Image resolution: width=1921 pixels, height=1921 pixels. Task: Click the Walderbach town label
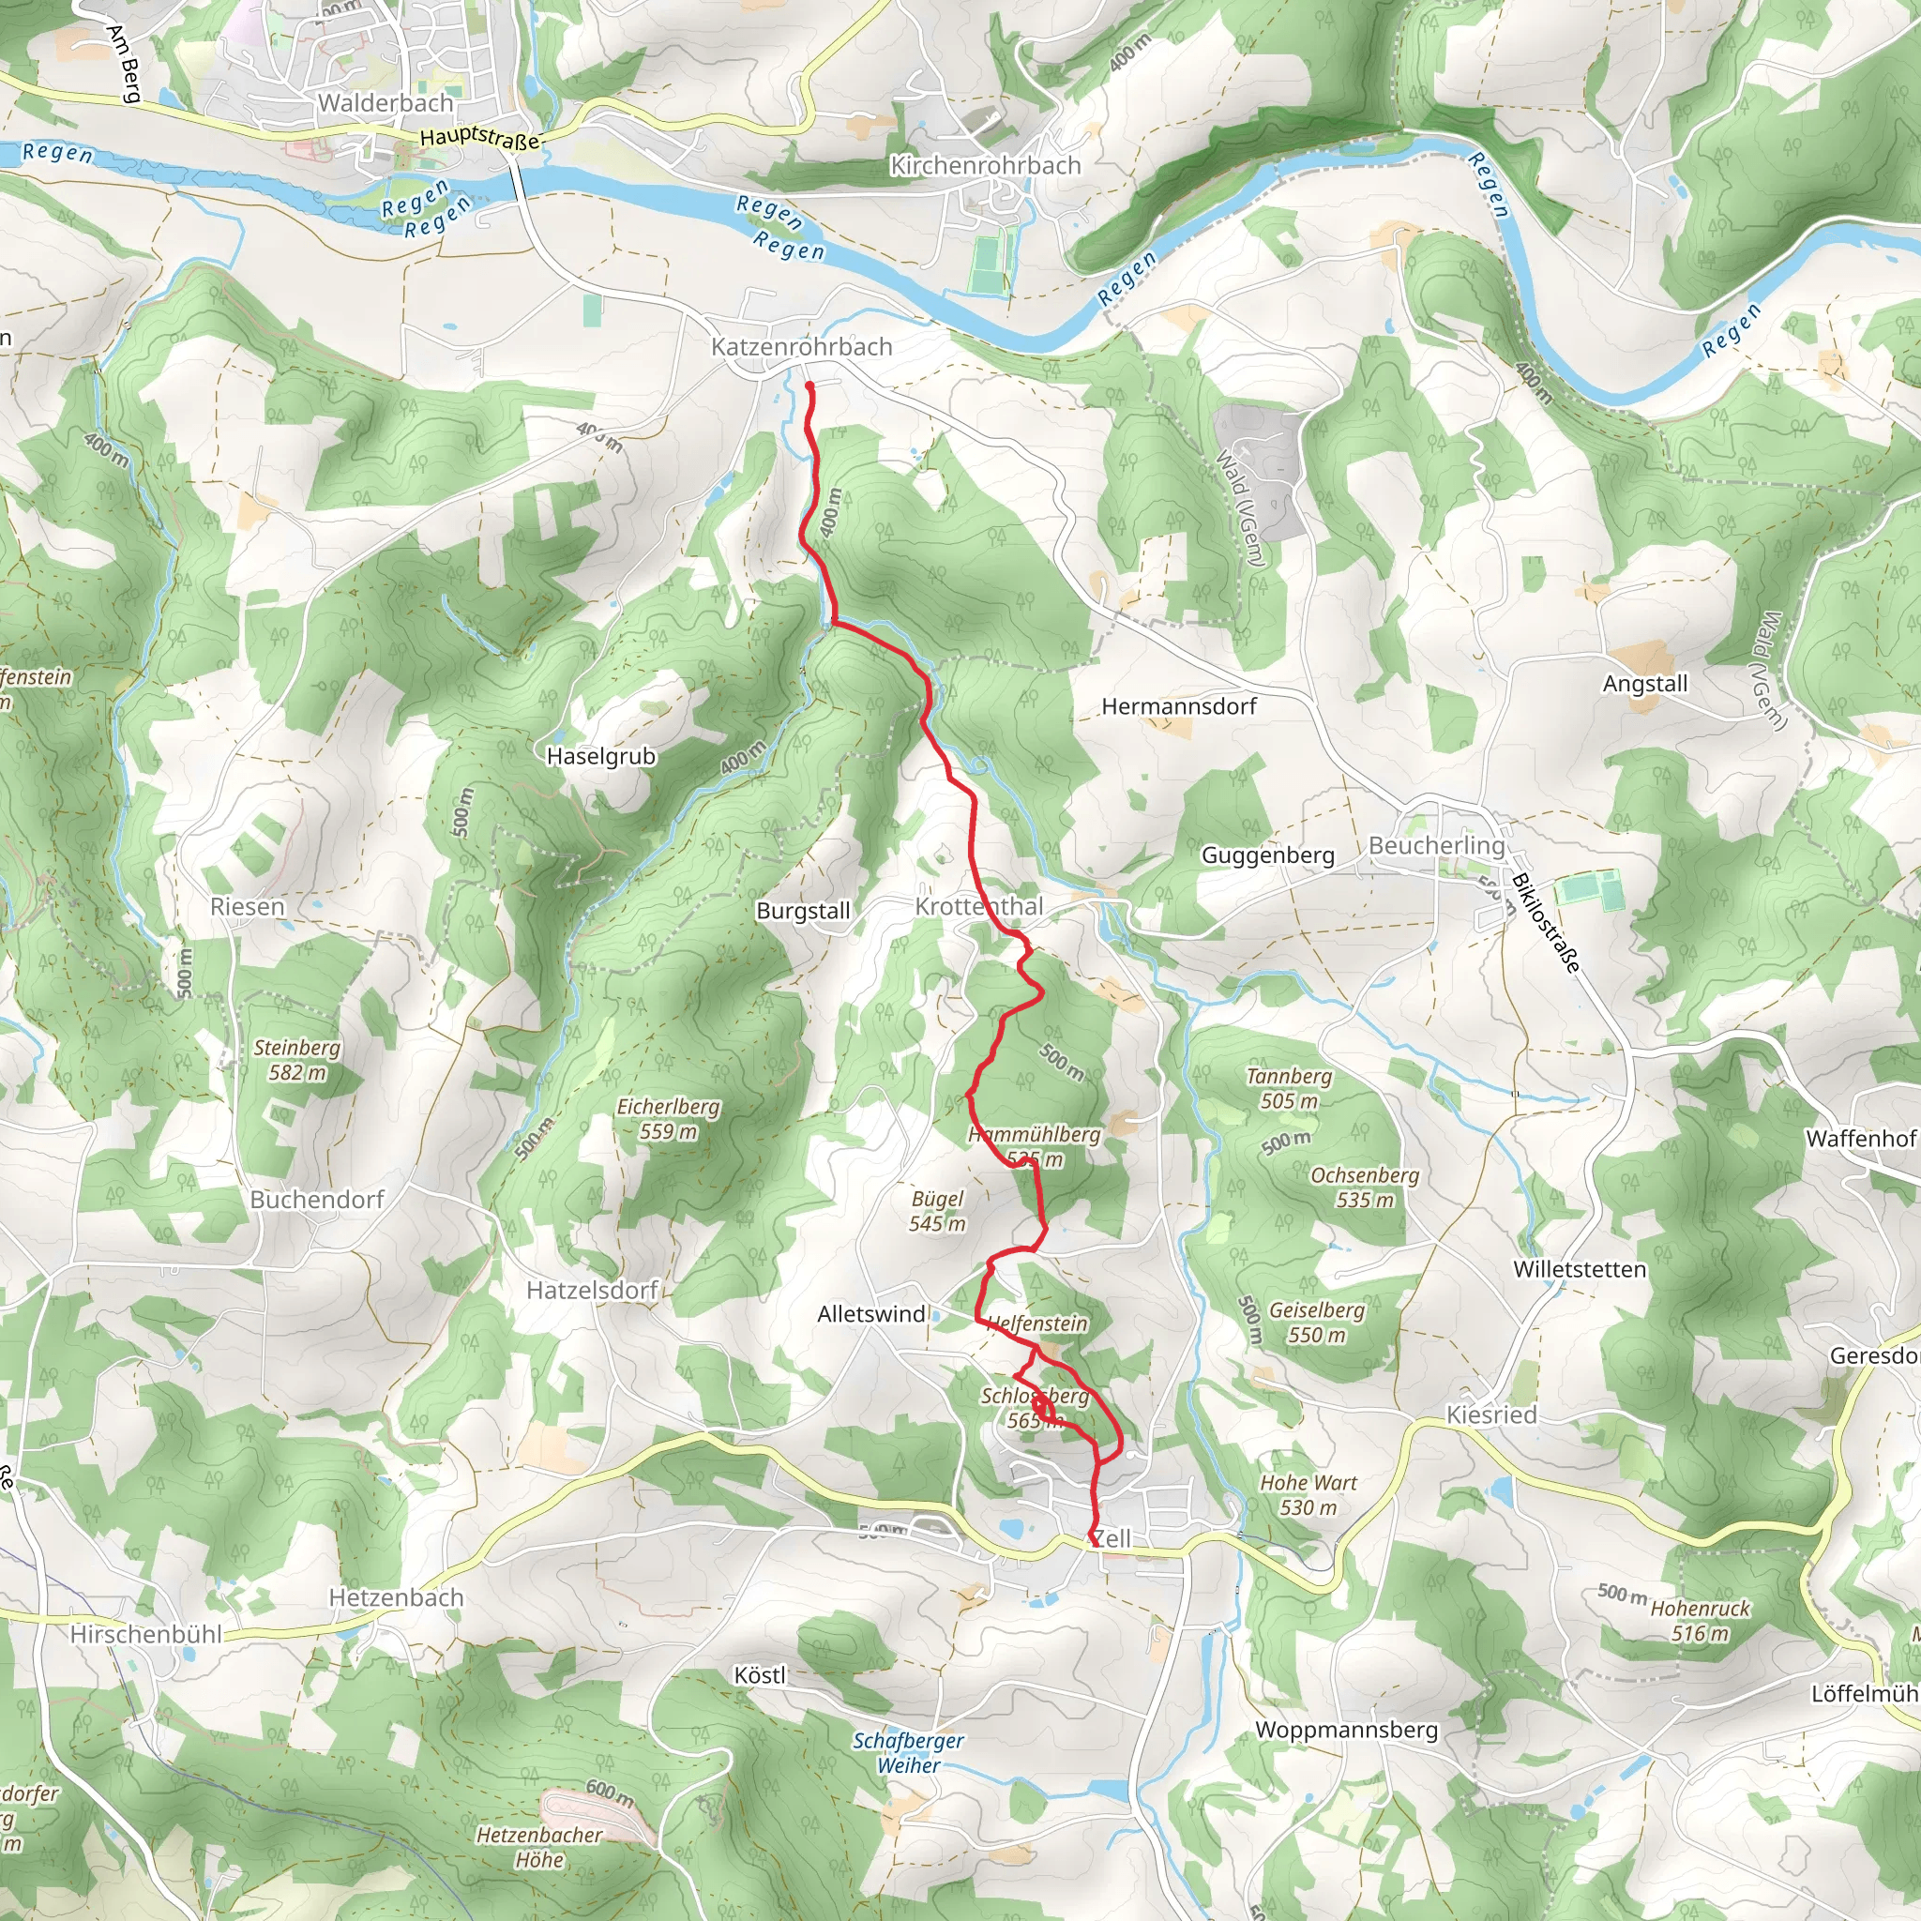[x=386, y=102]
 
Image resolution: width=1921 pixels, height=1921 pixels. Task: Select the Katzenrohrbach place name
[x=801, y=347]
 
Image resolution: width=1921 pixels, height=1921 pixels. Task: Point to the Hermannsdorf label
[x=1178, y=706]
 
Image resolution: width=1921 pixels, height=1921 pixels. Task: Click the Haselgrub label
[x=600, y=756]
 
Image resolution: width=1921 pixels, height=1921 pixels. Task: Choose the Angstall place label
[x=1644, y=683]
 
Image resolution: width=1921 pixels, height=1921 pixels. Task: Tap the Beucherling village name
[x=1436, y=845]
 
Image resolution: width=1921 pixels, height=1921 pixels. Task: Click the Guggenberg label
[x=1268, y=855]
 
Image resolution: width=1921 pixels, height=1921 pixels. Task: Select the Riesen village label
[x=247, y=907]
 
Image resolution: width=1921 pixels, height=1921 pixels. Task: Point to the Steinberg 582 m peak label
[x=296, y=1060]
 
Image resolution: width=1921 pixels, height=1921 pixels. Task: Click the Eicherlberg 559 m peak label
[x=667, y=1119]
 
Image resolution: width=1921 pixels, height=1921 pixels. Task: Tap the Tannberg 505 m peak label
[x=1289, y=1088]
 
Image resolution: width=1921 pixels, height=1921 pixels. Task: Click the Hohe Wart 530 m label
[x=1308, y=1494]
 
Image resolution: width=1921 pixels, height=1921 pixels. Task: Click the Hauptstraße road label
[x=479, y=138]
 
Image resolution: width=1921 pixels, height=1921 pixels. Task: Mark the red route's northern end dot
[x=809, y=386]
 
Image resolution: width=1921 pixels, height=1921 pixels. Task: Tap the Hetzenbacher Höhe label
[x=539, y=1848]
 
